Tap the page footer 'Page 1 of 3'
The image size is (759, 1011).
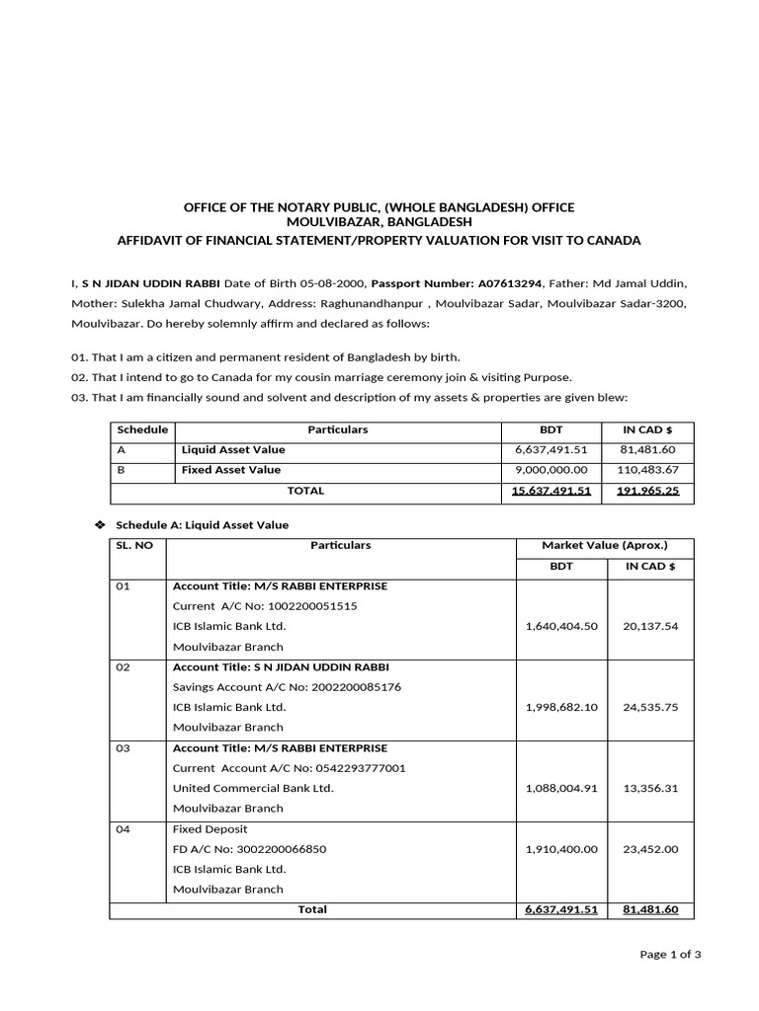[670, 954]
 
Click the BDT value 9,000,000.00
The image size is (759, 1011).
[551, 470]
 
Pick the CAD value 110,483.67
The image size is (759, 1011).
[649, 470]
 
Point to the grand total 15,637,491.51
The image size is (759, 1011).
[551, 491]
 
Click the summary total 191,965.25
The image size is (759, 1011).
[648, 491]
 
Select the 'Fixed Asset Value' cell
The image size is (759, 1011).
[231, 470]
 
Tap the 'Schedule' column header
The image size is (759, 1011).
[142, 430]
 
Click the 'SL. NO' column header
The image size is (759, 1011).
[134, 545]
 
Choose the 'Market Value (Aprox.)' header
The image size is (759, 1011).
[605, 545]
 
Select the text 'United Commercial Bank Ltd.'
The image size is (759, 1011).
[253, 788]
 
